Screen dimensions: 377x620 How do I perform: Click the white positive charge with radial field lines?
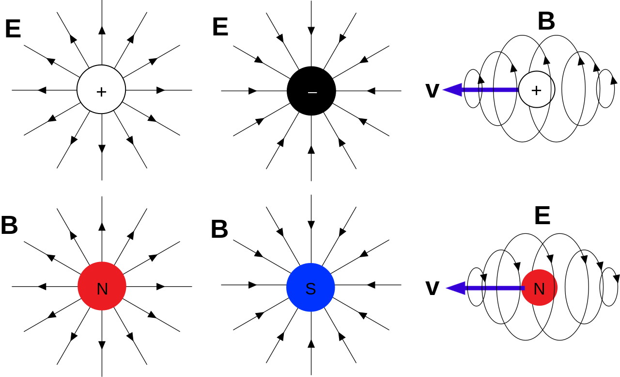[x=101, y=90]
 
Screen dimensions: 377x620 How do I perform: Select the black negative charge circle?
[x=311, y=91]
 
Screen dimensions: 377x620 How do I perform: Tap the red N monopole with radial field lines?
[x=102, y=286]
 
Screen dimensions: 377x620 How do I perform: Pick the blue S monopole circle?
[x=310, y=287]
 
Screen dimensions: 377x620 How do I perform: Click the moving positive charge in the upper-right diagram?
[x=537, y=90]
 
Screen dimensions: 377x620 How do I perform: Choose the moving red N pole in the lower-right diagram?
[x=539, y=288]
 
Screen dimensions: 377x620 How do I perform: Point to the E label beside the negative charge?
[x=220, y=27]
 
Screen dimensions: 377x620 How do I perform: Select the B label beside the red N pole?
[x=9, y=226]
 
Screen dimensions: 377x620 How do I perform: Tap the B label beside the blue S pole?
[x=219, y=229]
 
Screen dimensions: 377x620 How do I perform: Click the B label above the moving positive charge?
[x=546, y=22]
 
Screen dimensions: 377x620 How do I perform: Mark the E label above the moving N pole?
[x=542, y=216]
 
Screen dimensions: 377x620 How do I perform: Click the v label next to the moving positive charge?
[x=432, y=91]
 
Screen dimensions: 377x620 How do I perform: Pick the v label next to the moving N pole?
[x=432, y=288]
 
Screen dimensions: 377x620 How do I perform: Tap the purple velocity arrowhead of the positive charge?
[x=452, y=90]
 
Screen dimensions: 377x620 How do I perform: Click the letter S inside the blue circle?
[x=310, y=289]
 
